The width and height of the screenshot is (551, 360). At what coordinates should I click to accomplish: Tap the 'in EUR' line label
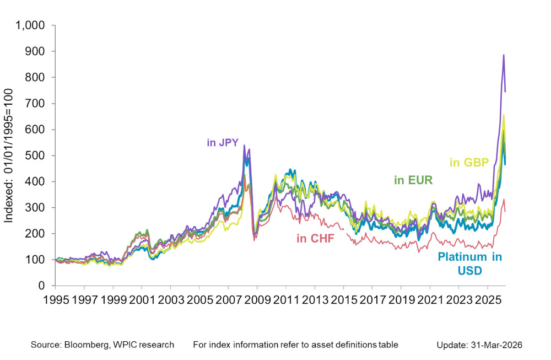click(413, 180)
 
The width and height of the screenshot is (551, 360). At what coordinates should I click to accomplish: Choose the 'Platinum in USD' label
click(469, 264)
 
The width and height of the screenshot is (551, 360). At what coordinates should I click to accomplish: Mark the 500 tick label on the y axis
click(38, 155)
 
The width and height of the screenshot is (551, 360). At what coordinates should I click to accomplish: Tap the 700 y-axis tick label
click(38, 104)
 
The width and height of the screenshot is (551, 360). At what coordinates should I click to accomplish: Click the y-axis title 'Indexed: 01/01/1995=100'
click(9, 156)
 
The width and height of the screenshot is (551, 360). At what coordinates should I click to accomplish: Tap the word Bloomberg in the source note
click(87, 345)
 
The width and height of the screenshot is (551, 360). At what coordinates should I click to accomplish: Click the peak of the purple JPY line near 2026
click(503, 55)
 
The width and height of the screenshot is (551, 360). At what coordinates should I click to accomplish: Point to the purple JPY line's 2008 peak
click(244, 146)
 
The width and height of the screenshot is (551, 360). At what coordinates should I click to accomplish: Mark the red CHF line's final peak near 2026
click(503, 200)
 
